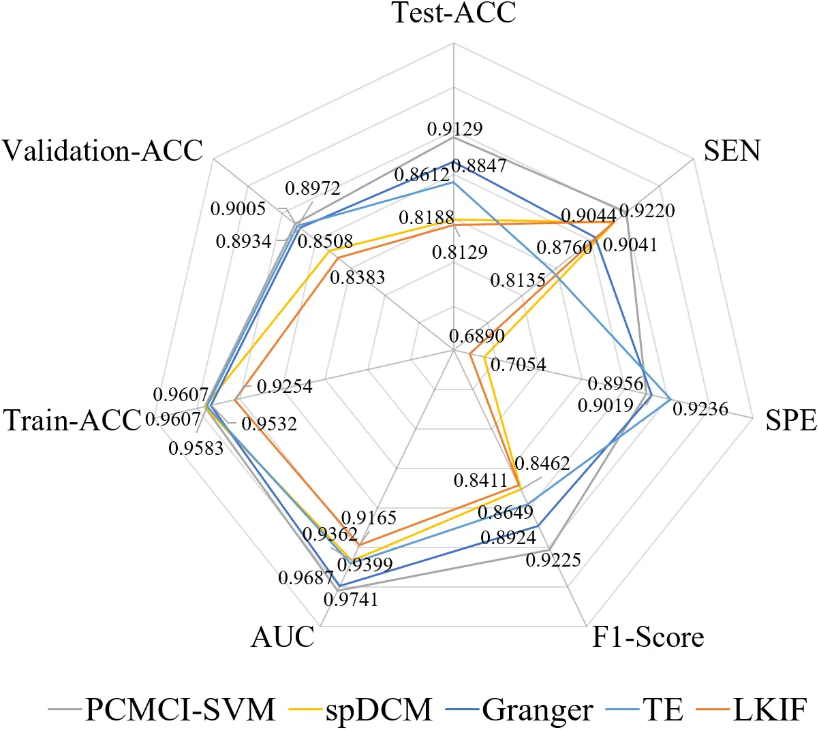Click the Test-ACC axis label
pyautogui.click(x=454, y=13)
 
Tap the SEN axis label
pyautogui.click(x=732, y=150)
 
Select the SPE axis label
pyautogui.click(x=791, y=421)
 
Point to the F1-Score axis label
pyautogui.click(x=647, y=637)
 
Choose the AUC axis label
pyautogui.click(x=283, y=637)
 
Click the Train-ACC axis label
pyautogui.click(x=72, y=421)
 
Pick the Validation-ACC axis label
pyautogui.click(x=103, y=150)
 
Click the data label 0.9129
pyautogui.click(x=454, y=129)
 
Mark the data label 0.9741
pyautogui.click(x=351, y=599)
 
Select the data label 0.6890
pyautogui.click(x=477, y=336)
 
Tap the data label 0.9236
pyautogui.click(x=700, y=409)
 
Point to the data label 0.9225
pyautogui.click(x=553, y=560)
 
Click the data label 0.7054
pyautogui.click(x=519, y=365)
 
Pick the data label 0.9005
pyautogui.click(x=238, y=209)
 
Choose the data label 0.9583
pyautogui.click(x=196, y=449)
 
